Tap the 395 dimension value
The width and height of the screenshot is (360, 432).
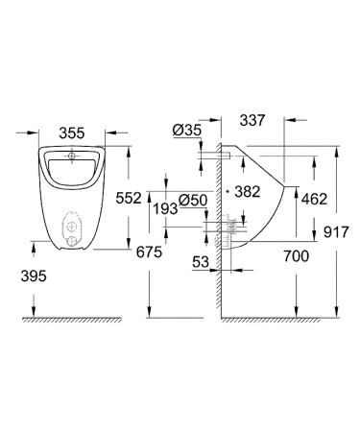pos(33,276)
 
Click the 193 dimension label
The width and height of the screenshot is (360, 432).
pos(166,208)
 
